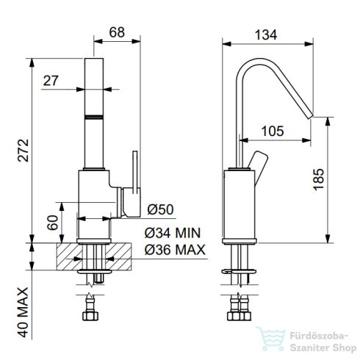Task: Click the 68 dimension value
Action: (x=117, y=32)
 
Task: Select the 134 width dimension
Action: (x=266, y=35)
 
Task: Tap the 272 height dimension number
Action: (x=24, y=151)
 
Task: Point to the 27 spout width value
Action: (x=51, y=81)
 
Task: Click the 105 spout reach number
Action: (x=273, y=131)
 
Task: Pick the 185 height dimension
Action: (x=319, y=179)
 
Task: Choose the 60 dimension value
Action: (x=53, y=223)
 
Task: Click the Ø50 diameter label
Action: (x=161, y=209)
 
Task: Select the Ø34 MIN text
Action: (x=173, y=233)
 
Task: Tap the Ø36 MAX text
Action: (x=175, y=250)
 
